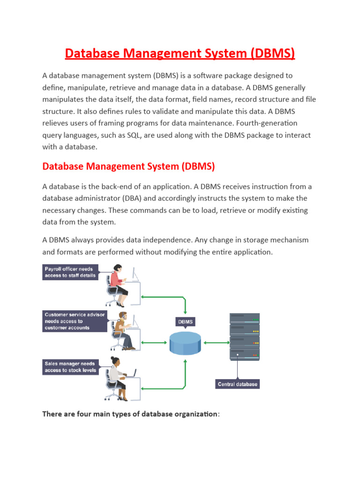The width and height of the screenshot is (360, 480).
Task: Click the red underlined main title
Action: pyautogui.click(x=180, y=53)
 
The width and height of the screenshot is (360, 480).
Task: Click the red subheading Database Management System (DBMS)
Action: pyautogui.click(x=128, y=166)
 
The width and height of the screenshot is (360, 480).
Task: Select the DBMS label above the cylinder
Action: pyautogui.click(x=186, y=322)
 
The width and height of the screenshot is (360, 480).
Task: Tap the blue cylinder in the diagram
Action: pyautogui.click(x=186, y=343)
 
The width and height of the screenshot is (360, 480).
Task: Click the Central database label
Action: pyautogui.click(x=238, y=384)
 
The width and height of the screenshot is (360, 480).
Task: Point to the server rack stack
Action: pyautogui.click(x=244, y=336)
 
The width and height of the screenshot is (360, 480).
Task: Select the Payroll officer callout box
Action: pyautogui.click(x=70, y=272)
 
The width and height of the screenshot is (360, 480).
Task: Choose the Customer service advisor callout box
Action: pyautogui.click(x=75, y=321)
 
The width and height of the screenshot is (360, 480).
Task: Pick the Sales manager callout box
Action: pyautogui.click(x=70, y=367)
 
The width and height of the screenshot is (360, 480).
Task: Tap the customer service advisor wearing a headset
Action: pyautogui.click(x=123, y=330)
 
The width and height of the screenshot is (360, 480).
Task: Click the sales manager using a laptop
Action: pyautogui.click(x=117, y=377)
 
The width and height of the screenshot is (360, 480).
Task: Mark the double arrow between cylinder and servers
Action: pyautogui.click(x=216, y=343)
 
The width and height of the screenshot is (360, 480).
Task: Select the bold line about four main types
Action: pyautogui.click(x=130, y=414)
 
